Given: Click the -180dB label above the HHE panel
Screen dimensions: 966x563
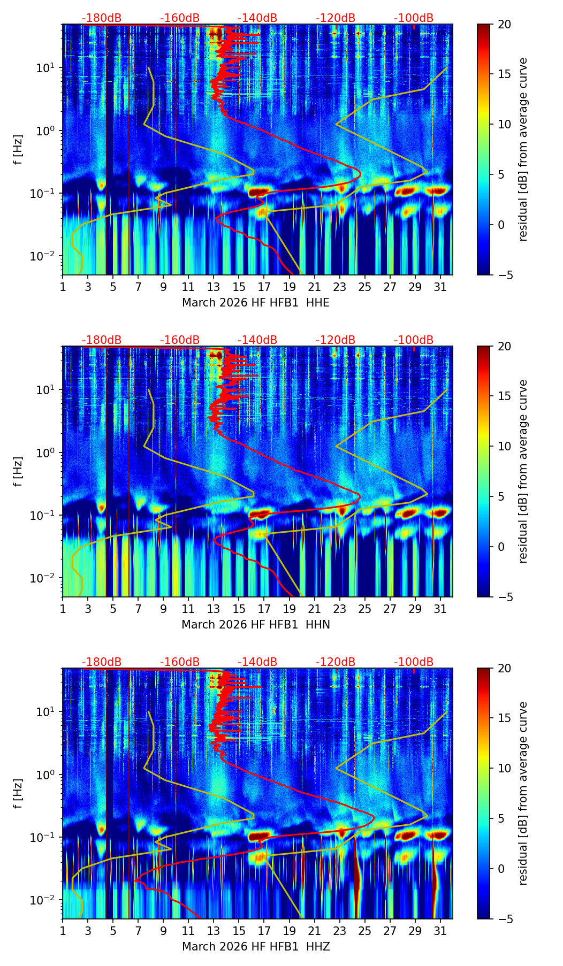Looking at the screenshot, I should (102, 18).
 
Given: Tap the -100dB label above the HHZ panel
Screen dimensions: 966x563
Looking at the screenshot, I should (414, 662).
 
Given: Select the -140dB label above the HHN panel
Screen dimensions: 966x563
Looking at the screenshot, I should (257, 340).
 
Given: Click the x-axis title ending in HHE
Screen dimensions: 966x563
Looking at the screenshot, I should (256, 303).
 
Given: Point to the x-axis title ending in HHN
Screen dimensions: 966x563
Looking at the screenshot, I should (256, 625).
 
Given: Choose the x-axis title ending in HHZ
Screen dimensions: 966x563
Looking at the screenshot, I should (256, 947).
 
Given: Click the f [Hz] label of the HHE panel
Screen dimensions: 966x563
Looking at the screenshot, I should (18, 149).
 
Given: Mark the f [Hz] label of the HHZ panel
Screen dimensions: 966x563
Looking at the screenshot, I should (18, 793).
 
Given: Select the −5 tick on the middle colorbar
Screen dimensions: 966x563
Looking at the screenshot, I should (503, 597).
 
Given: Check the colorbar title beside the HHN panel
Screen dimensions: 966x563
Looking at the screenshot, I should (523, 471).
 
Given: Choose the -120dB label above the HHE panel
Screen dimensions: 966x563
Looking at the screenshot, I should (336, 18).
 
